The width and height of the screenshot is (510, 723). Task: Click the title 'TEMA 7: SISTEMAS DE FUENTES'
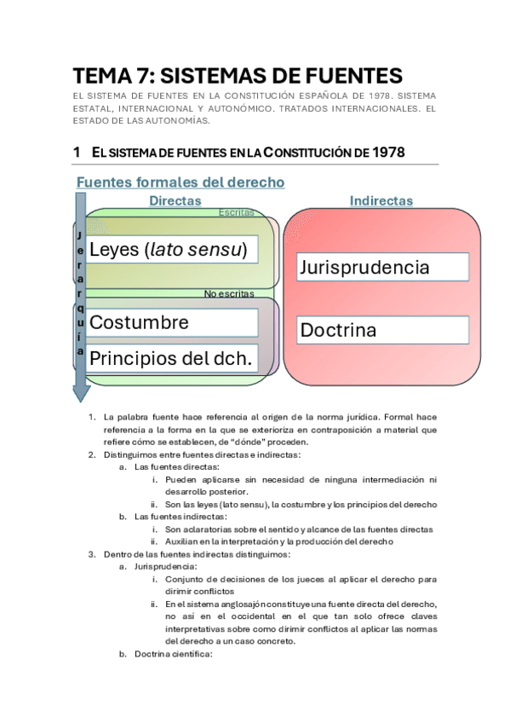(x=237, y=75)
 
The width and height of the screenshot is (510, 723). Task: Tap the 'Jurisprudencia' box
(x=382, y=267)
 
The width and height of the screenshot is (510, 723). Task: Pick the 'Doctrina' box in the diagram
(x=382, y=330)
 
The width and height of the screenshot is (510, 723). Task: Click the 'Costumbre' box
(x=173, y=322)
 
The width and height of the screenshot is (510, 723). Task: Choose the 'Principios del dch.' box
(x=173, y=358)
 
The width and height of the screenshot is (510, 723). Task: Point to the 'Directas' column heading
(x=175, y=201)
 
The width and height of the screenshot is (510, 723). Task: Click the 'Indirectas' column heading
(x=381, y=201)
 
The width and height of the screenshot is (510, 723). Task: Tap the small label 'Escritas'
(x=236, y=212)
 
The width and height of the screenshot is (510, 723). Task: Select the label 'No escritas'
(x=229, y=294)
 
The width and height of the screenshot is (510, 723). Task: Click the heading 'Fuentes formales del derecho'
(x=181, y=182)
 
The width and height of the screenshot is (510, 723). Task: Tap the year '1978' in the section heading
(x=388, y=153)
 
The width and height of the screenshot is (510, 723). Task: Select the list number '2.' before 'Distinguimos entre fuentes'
(x=92, y=454)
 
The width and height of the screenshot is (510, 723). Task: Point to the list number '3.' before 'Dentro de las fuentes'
(x=92, y=554)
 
